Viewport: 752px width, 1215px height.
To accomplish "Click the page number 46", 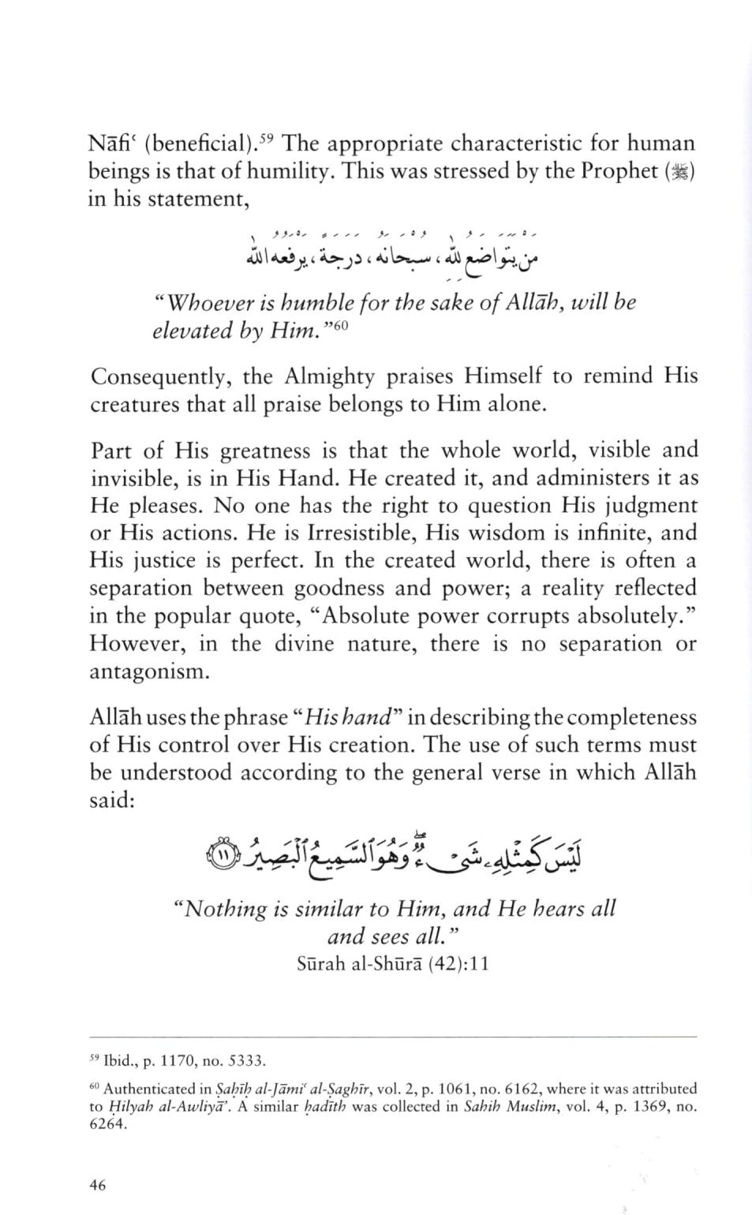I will coord(98,1184).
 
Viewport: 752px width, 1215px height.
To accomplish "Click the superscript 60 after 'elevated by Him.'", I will coord(340,323).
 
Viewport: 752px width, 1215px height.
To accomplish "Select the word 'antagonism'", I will coord(150,672).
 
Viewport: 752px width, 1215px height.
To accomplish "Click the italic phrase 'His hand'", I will coord(349,718).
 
